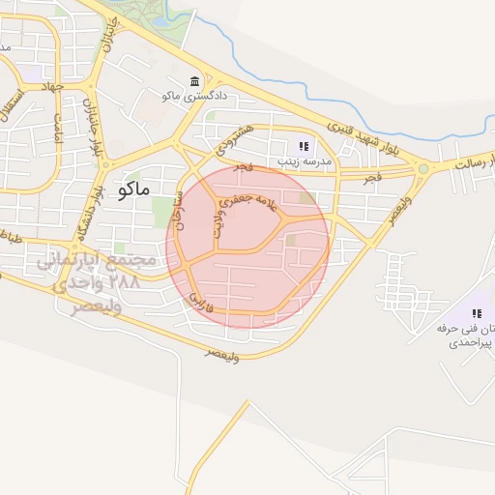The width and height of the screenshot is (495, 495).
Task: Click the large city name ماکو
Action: coord(132,189)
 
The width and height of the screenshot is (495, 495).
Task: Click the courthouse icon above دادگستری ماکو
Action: coord(195,80)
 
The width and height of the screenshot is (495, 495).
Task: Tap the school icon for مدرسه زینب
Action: coord(304,146)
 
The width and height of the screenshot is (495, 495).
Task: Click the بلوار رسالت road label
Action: coord(474,162)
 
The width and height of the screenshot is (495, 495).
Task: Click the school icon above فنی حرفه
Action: coord(477,313)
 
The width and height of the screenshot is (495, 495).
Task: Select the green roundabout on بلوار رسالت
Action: coord(422,169)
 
